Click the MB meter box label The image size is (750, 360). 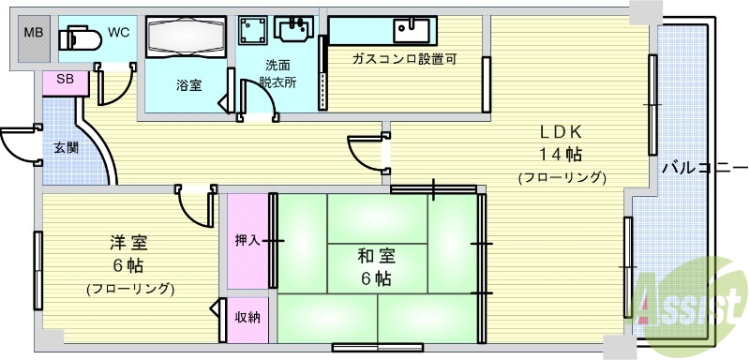click(x=33, y=34)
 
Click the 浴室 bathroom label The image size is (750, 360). click(x=187, y=84)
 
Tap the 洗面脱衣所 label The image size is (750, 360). click(x=277, y=73)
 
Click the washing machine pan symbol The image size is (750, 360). click(x=251, y=31)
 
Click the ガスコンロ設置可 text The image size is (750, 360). click(x=403, y=58)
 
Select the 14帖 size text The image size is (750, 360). click(x=561, y=154)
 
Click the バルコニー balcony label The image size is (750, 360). click(x=699, y=169)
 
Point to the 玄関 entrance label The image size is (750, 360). click(x=66, y=147)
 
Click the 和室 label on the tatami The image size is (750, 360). click(x=375, y=256)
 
